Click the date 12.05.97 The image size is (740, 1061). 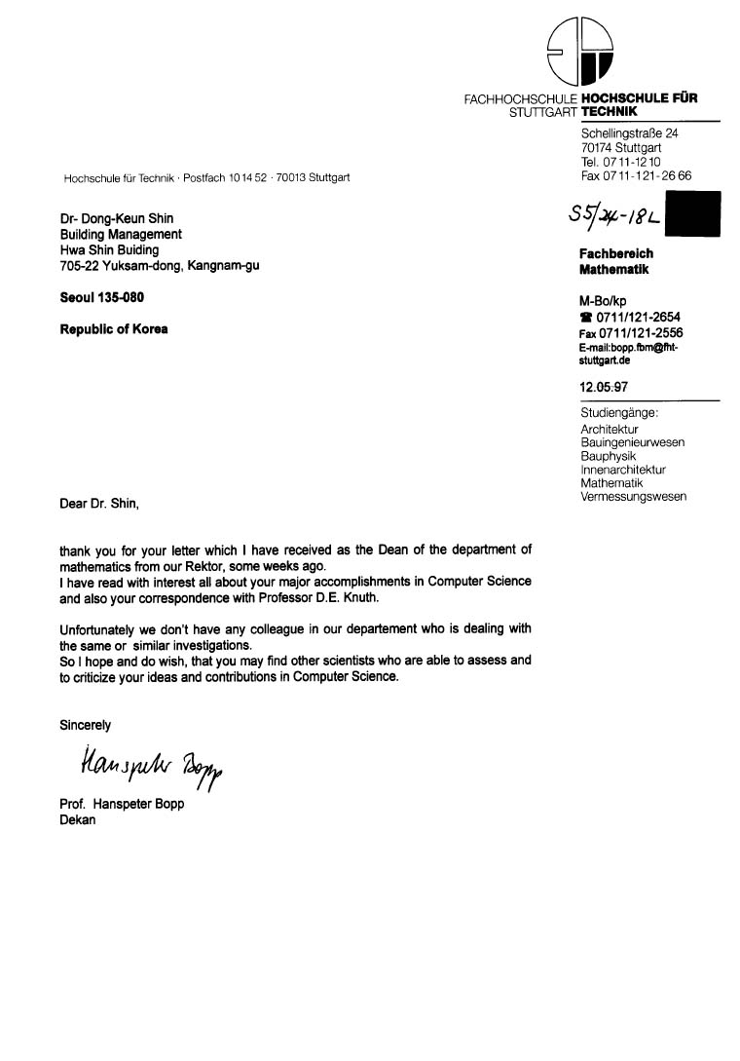[604, 387]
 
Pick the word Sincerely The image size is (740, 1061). [86, 725]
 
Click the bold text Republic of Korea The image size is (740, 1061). [114, 329]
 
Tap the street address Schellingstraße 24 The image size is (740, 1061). [629, 133]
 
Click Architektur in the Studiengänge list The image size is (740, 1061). [610, 429]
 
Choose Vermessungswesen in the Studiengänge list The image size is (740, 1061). [633, 497]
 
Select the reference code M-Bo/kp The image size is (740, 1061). [604, 302]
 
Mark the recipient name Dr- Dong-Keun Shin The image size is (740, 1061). [117, 219]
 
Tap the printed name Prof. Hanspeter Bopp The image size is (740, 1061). [122, 805]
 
